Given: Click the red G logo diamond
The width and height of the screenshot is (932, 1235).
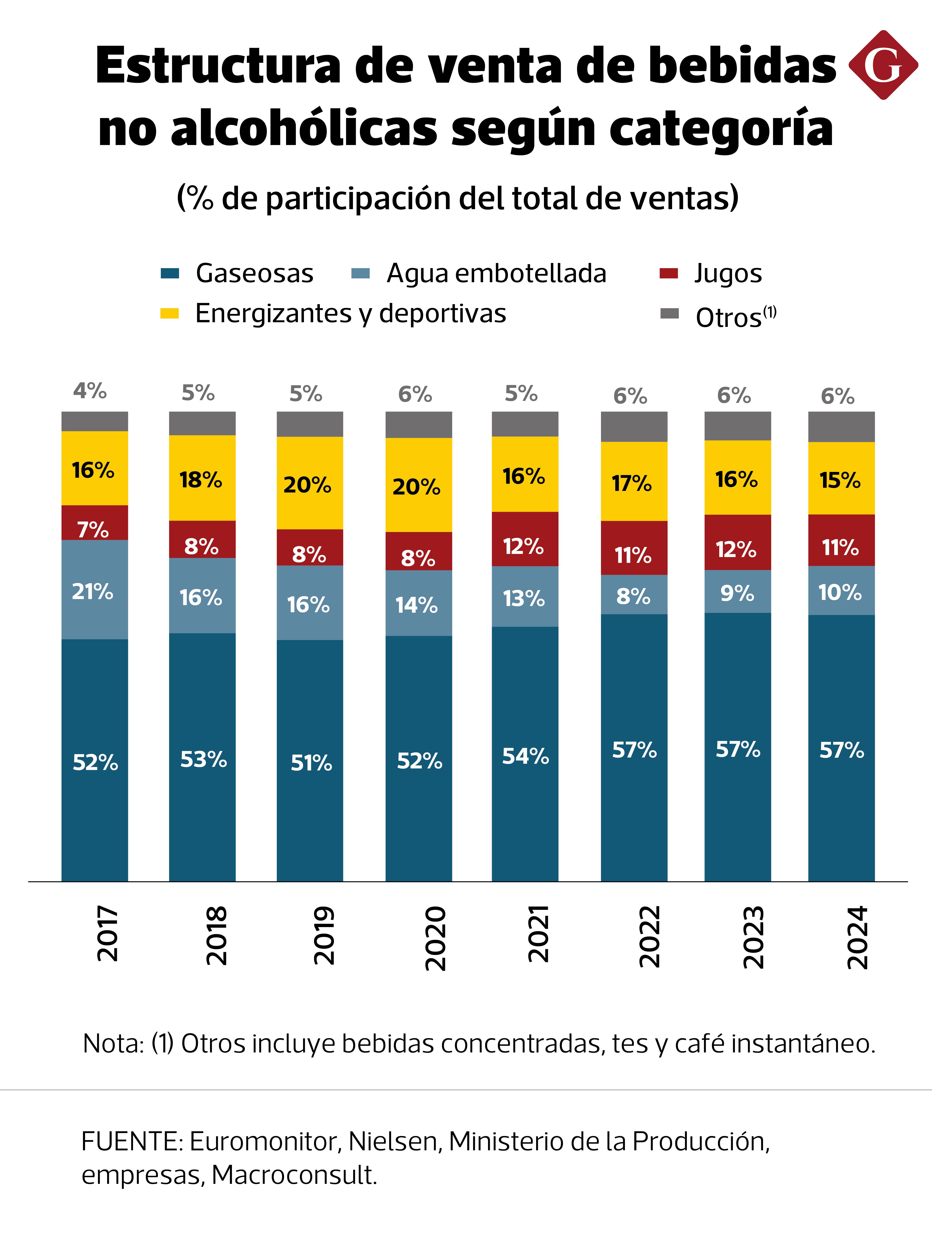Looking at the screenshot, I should [x=883, y=65].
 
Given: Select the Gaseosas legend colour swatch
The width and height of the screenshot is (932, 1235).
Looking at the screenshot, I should [x=170, y=274].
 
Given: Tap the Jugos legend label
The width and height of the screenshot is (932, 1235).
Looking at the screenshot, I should [x=728, y=274].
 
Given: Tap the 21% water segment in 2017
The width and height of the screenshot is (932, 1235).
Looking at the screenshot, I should [x=94, y=591].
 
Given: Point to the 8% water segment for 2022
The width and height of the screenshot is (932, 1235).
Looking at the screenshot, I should [x=634, y=596].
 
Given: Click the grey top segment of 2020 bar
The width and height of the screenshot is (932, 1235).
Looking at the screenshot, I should [x=418, y=425].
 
